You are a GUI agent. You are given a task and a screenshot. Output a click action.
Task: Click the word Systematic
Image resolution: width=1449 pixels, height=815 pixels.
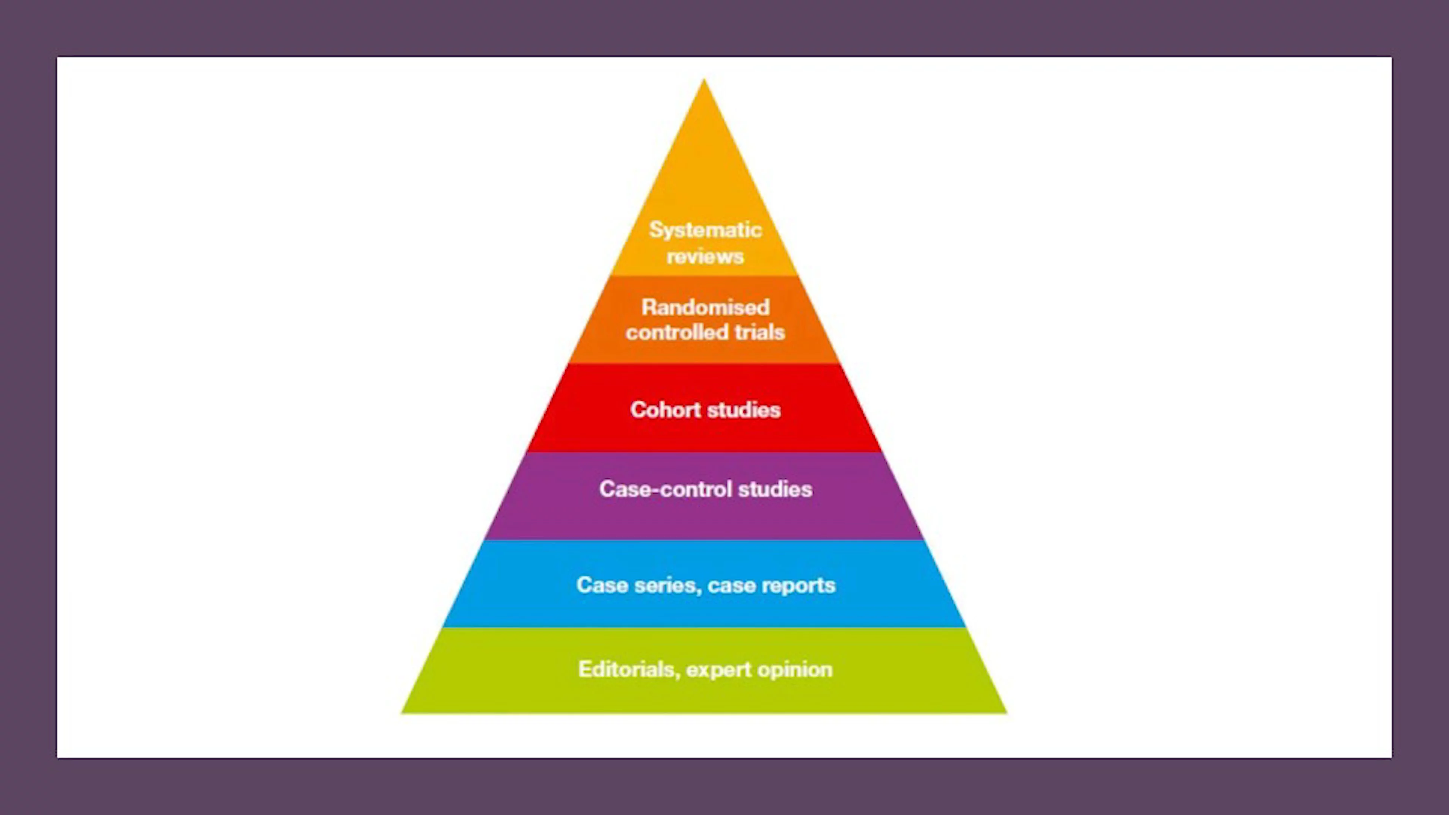[705, 230]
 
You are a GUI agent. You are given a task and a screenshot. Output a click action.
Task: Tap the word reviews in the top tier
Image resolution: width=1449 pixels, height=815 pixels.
[705, 257]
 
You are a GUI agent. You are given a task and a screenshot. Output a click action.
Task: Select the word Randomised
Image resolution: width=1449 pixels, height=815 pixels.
[705, 307]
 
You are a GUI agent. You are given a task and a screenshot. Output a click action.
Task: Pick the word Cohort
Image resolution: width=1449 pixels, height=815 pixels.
[665, 410]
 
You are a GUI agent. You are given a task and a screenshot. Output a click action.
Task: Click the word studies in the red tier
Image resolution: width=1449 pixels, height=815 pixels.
[744, 410]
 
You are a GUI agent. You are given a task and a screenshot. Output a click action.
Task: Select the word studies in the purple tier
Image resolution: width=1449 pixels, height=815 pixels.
[775, 489]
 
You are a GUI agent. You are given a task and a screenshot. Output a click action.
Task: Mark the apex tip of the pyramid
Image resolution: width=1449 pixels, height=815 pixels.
[704, 80]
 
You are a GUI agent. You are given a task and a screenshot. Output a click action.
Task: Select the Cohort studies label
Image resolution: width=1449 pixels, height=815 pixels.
[705, 410]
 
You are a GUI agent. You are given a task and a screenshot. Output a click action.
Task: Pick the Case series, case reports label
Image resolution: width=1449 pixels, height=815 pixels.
[705, 586]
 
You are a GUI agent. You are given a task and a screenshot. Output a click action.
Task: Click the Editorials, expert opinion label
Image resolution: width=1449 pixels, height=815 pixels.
[705, 669]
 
